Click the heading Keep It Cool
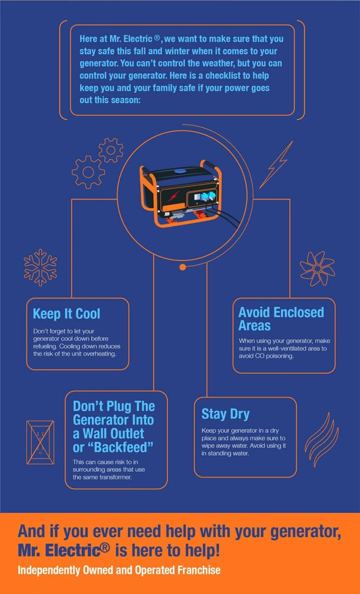(66, 313)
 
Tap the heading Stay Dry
(225, 414)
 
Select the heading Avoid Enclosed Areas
(281, 319)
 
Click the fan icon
(317, 268)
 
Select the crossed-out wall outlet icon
(40, 442)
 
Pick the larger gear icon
(88, 172)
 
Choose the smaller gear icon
(111, 150)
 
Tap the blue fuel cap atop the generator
(180, 171)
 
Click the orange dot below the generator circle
(183, 267)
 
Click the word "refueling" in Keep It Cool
(47, 346)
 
